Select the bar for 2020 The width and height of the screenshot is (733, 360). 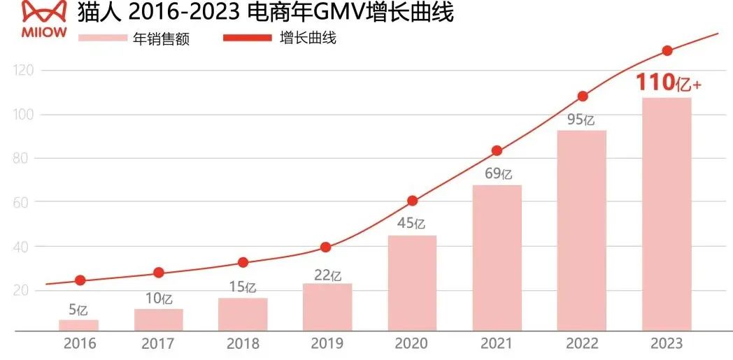tap(412, 282)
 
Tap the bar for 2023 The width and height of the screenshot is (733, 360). tap(667, 213)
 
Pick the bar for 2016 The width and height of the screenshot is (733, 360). tap(78, 325)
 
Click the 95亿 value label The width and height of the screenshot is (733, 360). tap(581, 120)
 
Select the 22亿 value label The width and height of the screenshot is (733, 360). tap(327, 274)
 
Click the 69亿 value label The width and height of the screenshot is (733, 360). tap(498, 174)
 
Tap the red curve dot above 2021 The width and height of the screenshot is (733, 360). tap(497, 151)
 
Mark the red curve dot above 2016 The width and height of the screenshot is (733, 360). tap(80, 280)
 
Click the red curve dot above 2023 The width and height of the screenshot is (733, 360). tap(667, 50)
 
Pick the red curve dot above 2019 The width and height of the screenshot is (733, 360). tap(325, 247)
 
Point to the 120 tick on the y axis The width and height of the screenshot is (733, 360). tap(23, 71)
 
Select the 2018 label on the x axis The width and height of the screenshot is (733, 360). tap(243, 344)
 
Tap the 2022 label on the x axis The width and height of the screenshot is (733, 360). tap(581, 344)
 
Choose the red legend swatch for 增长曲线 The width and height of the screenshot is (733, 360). tap(246, 37)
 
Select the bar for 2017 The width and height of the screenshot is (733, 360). tap(159, 319)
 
